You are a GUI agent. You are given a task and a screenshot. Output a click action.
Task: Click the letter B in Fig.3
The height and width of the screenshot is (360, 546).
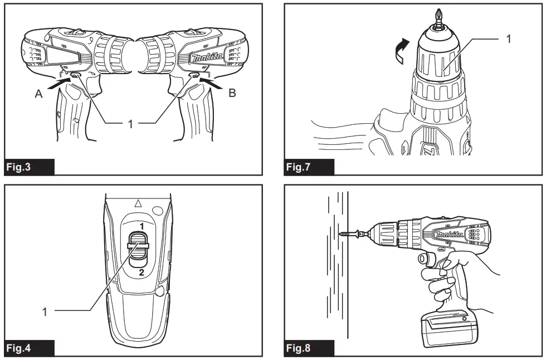[232, 94]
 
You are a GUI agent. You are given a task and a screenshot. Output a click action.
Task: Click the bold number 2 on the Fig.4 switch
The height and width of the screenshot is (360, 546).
[142, 273]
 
